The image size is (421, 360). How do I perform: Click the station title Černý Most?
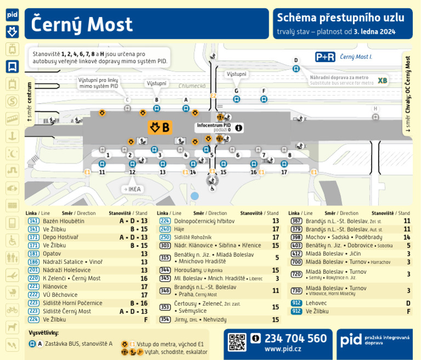(x=82, y=24)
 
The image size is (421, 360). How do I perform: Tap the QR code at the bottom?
(x=237, y=342)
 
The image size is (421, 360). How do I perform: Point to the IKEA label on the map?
(x=134, y=189)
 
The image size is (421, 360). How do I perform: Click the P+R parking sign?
(x=325, y=57)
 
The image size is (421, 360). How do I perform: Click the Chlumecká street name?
(x=192, y=86)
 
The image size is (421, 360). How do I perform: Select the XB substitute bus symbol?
(x=382, y=81)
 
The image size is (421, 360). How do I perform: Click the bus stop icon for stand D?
(x=296, y=69)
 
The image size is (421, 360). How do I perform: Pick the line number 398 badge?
(x=296, y=237)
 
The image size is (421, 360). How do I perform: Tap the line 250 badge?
(x=164, y=237)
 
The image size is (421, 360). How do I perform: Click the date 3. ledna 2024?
(x=374, y=32)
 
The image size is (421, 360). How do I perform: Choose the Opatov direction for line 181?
(x=52, y=254)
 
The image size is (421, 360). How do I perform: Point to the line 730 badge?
(x=296, y=290)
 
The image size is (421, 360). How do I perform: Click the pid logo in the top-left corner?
(x=12, y=15)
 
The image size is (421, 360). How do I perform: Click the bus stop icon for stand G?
(x=236, y=99)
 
